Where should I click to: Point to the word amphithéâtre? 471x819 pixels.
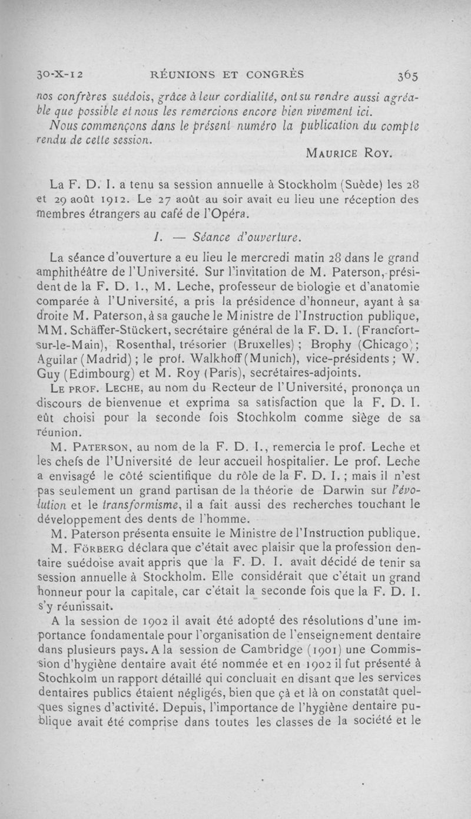click(x=87, y=272)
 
